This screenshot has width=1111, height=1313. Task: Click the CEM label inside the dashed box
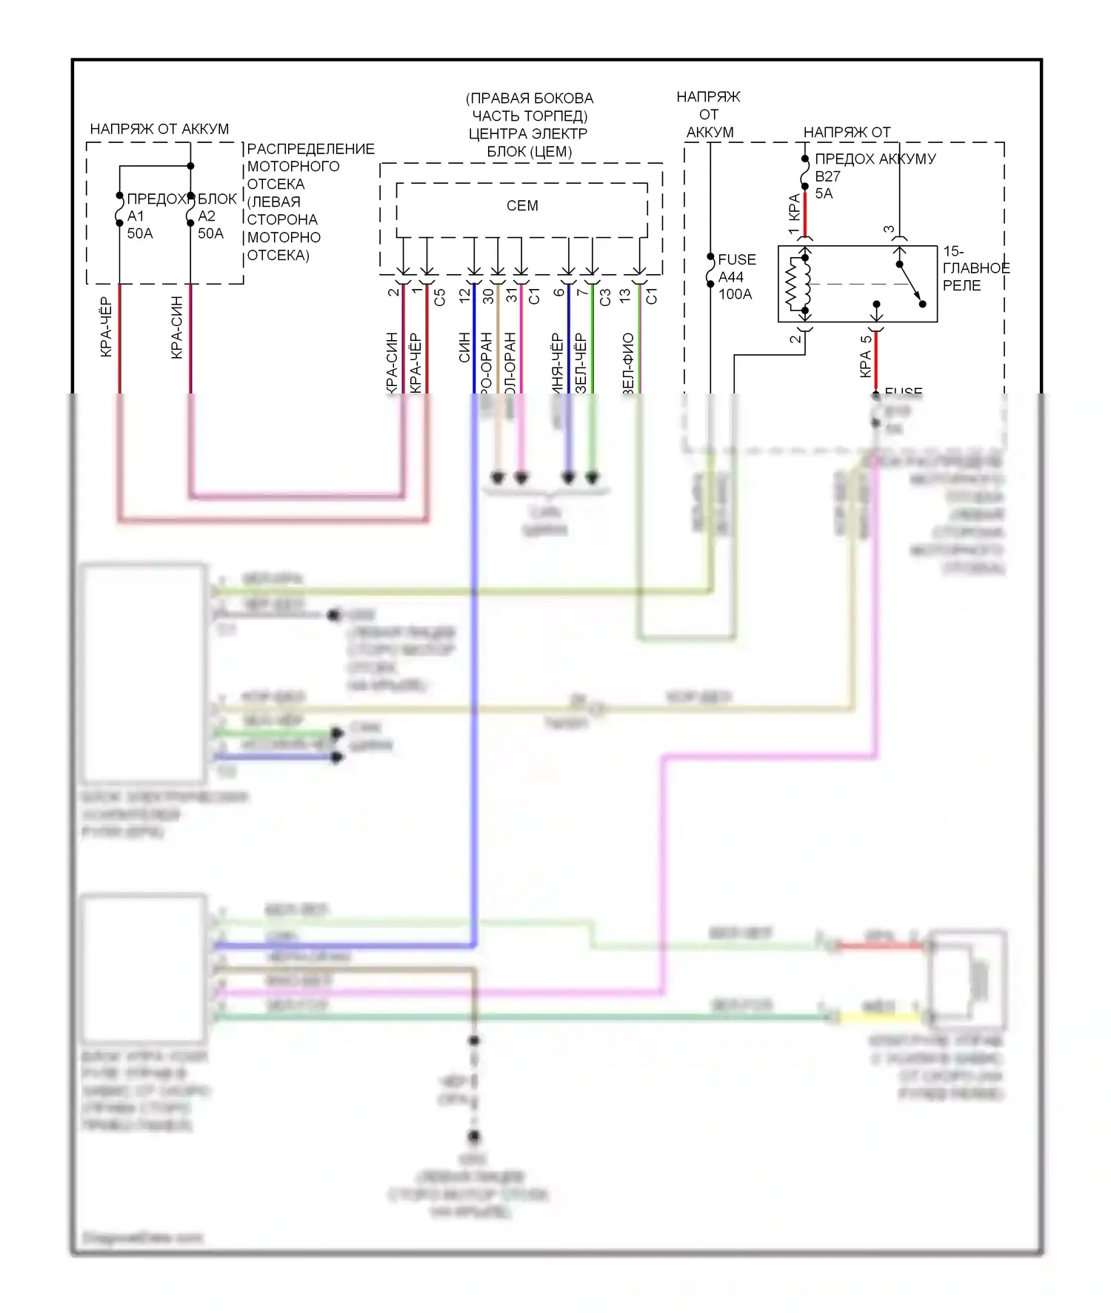[x=522, y=206]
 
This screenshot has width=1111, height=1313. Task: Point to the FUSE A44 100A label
[x=735, y=277]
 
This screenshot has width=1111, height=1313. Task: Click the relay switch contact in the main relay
[x=911, y=284]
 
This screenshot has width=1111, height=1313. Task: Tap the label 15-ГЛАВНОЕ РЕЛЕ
[x=975, y=268]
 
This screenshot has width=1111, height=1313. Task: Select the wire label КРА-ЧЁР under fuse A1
[x=106, y=328]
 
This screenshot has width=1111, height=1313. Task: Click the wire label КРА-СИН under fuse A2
[x=176, y=328]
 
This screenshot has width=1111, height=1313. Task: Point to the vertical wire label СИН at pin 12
[x=464, y=347]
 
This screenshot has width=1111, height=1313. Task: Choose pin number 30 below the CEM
[x=488, y=296]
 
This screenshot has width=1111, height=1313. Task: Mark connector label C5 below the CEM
[x=440, y=297]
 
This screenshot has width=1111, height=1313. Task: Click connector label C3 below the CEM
[x=605, y=297]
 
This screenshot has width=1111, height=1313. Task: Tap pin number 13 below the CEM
[x=625, y=296]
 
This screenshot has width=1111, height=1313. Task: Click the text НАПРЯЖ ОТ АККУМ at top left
[x=159, y=129]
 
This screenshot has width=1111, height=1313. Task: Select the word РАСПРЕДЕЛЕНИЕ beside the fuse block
[x=310, y=149]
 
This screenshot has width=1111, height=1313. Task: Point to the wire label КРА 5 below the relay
[x=866, y=356]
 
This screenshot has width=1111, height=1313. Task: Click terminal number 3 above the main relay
[x=889, y=230]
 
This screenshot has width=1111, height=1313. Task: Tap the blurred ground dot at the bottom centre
[x=474, y=1136]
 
